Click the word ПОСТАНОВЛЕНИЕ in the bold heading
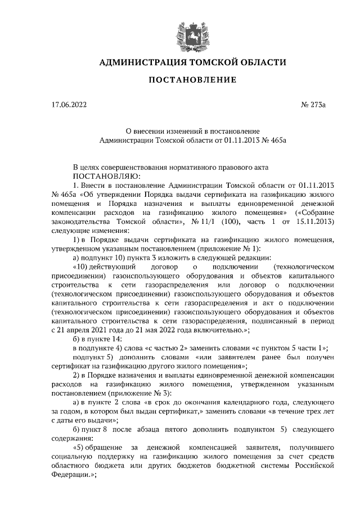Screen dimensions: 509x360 coord(192,80)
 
